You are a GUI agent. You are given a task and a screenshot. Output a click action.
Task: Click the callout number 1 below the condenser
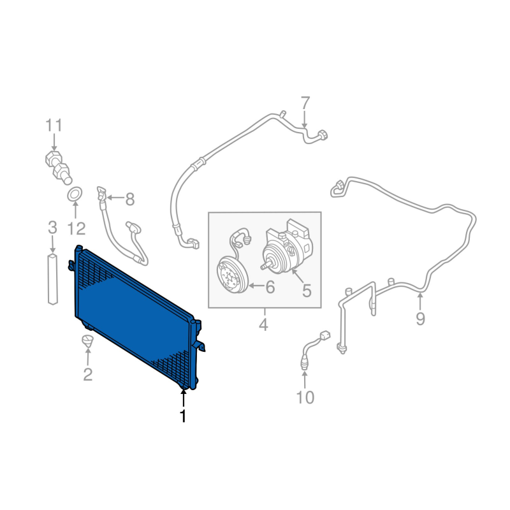[184, 416]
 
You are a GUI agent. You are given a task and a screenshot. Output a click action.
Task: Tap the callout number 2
[88, 374]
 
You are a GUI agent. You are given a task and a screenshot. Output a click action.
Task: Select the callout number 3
[52, 228]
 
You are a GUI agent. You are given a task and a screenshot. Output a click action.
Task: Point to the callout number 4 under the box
[264, 324]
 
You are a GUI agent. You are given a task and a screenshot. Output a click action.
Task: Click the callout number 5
[307, 291]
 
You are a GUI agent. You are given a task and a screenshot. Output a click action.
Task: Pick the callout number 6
[270, 286]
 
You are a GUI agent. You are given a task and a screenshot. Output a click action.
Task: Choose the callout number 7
[305, 103]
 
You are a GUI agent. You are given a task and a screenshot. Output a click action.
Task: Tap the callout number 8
[130, 199]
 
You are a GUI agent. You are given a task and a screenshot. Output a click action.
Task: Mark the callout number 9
[420, 319]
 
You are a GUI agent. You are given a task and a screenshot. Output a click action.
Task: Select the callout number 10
[305, 397]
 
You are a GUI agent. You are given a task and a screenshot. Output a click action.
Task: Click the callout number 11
[54, 125]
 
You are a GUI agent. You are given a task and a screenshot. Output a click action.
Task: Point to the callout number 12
[76, 228]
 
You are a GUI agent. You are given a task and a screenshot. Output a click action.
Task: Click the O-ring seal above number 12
[75, 194]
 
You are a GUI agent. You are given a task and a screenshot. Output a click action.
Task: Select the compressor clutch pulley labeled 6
[233, 275]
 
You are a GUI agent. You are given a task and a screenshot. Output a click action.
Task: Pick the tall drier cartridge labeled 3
[53, 280]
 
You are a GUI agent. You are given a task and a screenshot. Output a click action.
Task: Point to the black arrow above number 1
[184, 399]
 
